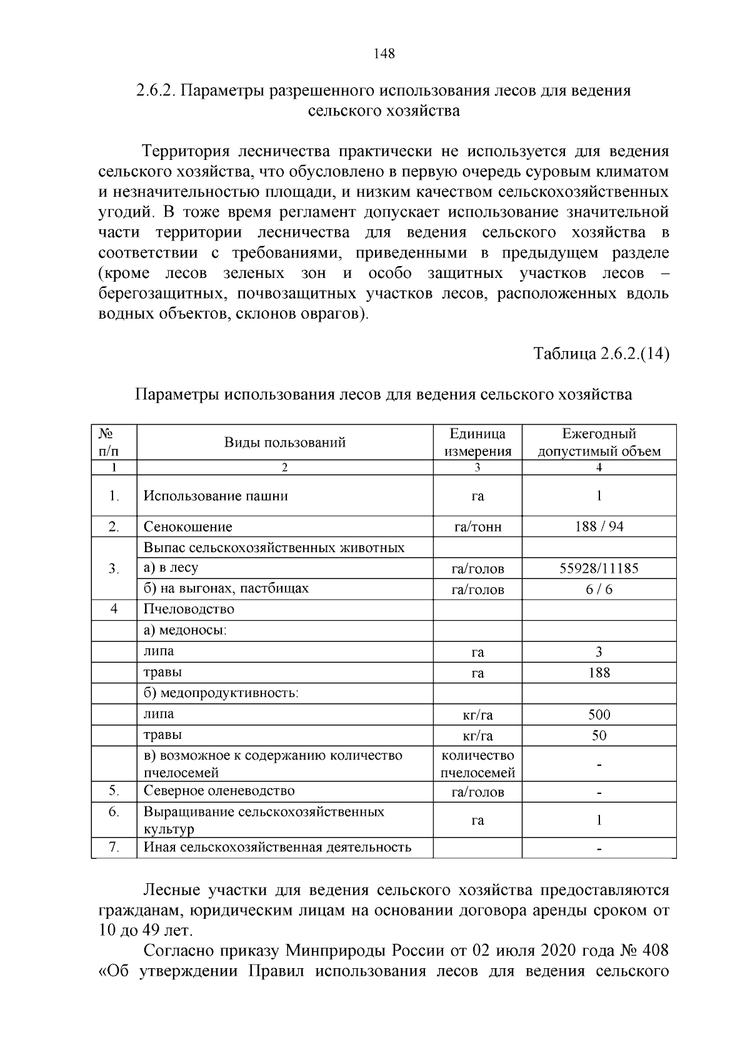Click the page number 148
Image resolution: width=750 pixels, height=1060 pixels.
click(384, 54)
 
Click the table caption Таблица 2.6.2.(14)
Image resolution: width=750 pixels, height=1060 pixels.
click(601, 354)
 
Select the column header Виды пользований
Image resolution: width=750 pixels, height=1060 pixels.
click(285, 443)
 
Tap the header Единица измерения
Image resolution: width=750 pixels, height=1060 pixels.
click(477, 443)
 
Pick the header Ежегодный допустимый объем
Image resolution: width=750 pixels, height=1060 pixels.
click(599, 443)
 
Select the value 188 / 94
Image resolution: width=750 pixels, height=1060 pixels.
click(599, 527)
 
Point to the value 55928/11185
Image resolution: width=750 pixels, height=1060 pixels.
click(599, 568)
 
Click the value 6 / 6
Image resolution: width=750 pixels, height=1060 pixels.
click(599, 590)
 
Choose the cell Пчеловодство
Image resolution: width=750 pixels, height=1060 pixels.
click(189, 609)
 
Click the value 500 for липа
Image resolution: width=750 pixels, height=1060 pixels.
click(599, 715)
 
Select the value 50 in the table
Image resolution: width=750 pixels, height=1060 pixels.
click(599, 736)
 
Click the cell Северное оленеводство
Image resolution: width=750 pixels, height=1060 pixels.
click(219, 791)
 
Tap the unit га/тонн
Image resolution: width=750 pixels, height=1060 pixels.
click(477, 527)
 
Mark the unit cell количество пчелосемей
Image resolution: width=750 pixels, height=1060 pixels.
click(477, 764)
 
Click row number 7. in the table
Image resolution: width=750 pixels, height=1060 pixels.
click(114, 847)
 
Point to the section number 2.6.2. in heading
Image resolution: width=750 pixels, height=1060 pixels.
click(157, 91)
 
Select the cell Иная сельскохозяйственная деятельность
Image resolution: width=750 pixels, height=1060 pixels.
click(277, 847)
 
